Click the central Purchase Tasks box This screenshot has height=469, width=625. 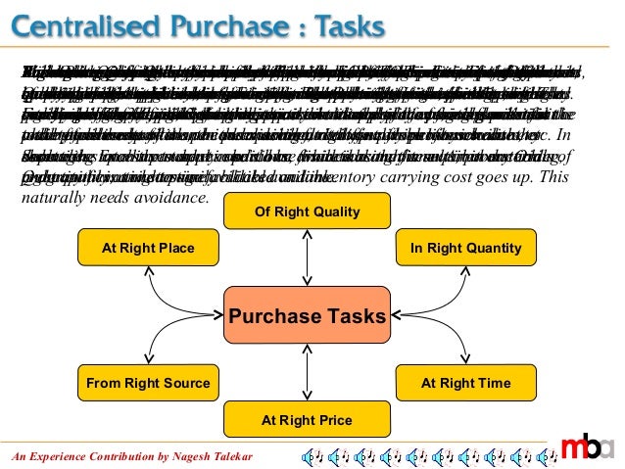coord(308,316)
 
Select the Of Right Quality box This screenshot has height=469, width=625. coord(308,211)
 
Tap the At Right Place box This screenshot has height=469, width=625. coord(148,248)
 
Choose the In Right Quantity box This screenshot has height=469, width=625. coord(466,248)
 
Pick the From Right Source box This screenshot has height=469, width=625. coord(148,383)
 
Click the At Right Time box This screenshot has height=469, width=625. coord(466,383)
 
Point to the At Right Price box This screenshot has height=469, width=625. coord(308,420)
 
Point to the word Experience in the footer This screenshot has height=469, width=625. coord(59,456)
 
